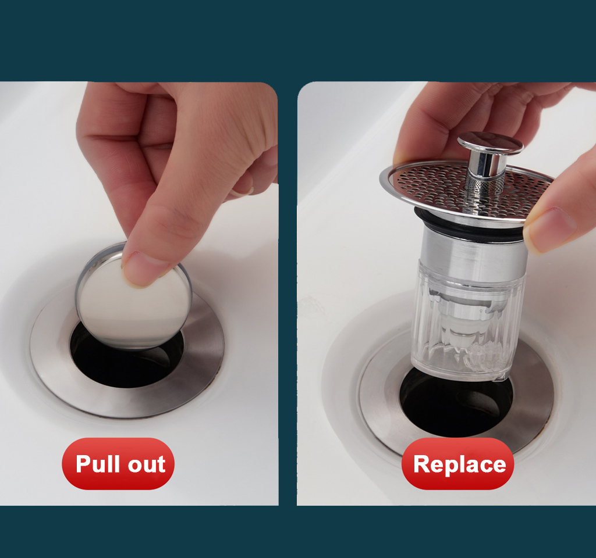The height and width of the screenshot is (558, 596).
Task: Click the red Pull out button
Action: pyautogui.click(x=118, y=464)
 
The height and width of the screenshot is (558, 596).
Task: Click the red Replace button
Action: pyautogui.click(x=458, y=464)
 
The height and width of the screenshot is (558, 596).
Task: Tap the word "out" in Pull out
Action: pyautogui.click(x=146, y=464)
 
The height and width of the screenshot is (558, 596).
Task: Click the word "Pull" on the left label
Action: pyautogui.click(x=97, y=464)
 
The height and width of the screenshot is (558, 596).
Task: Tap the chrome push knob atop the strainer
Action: pyautogui.click(x=490, y=143)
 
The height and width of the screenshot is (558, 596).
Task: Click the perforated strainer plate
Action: pyautogui.click(x=431, y=183)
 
